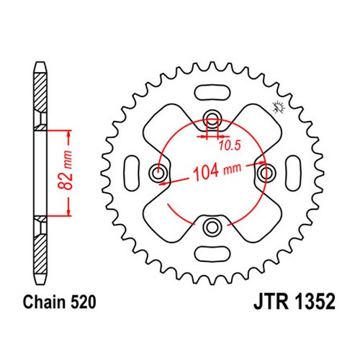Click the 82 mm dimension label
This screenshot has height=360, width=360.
65,170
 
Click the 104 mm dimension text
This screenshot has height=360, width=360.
217,171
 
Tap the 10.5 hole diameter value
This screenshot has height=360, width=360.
230,145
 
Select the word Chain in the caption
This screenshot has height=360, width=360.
44,302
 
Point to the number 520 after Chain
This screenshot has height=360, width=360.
83,302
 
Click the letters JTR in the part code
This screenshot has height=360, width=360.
271,302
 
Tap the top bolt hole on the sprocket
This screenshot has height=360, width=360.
212,119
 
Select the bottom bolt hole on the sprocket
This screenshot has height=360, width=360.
212,226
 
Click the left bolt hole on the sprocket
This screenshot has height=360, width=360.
158,173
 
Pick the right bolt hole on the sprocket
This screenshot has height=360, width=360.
266,173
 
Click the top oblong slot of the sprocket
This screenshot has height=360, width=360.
212,93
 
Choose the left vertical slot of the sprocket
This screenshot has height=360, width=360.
132,173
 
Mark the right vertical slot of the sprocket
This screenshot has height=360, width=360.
293,173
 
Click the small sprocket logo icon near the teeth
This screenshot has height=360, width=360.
279,107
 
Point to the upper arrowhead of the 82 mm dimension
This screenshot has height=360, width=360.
69,135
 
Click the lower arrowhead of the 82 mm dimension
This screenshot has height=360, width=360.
69,212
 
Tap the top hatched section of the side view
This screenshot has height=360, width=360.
40,92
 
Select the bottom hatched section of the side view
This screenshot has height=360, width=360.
40,253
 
